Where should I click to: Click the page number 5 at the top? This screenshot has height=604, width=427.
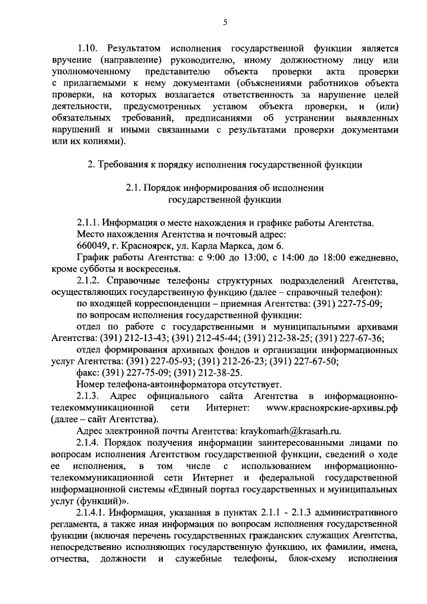[226, 23]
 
